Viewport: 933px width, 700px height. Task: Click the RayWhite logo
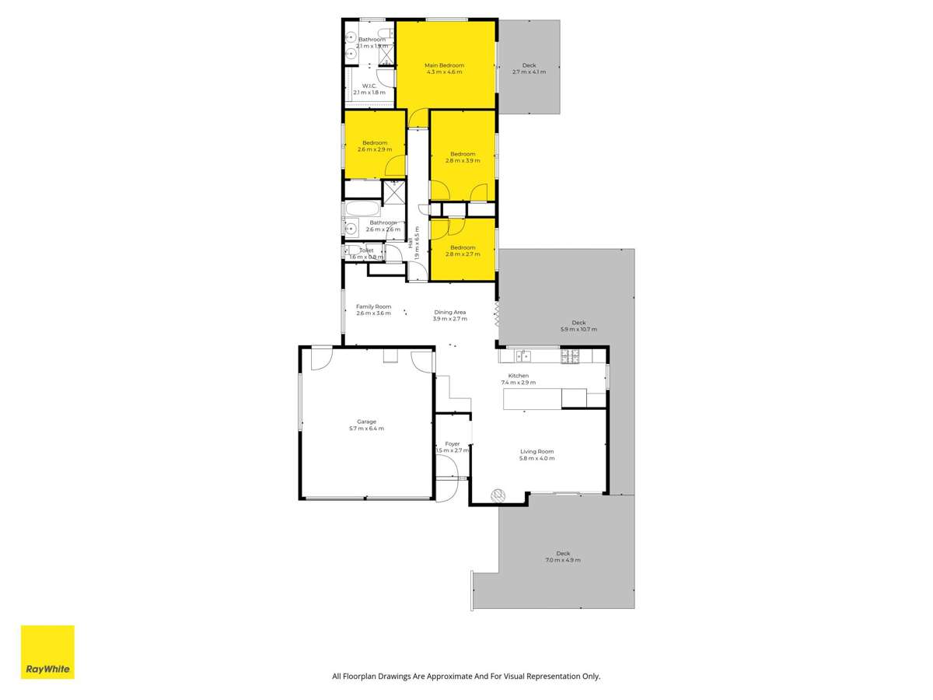coord(47,652)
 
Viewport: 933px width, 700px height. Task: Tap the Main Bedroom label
coord(444,65)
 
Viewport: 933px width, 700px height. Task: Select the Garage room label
coord(366,422)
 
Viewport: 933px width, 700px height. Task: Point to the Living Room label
coord(536,451)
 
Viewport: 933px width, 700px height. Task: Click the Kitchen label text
coord(518,376)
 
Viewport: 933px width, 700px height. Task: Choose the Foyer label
coord(452,444)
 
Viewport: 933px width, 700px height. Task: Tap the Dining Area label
coord(449,312)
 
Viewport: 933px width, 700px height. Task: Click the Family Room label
coord(373,306)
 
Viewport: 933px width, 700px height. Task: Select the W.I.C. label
coord(369,86)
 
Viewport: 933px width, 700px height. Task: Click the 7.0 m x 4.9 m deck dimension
coord(563,560)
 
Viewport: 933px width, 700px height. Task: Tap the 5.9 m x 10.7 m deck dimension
coord(578,329)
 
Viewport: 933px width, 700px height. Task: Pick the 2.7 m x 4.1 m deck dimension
coord(529,72)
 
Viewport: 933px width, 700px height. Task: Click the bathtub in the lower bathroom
coord(362,209)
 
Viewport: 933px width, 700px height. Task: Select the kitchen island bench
coord(532,399)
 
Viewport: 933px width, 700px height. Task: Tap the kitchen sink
coord(523,356)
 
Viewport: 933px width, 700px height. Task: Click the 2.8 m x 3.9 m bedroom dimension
coord(463,161)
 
